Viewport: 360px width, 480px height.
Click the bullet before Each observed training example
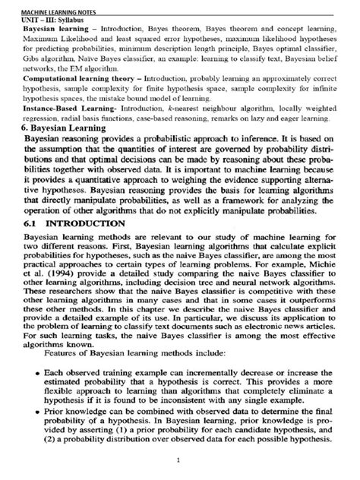[28, 353]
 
